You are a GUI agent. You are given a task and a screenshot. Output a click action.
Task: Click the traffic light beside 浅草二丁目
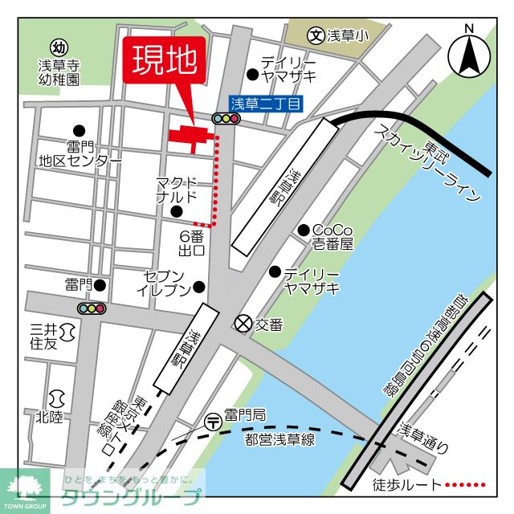click(226, 119)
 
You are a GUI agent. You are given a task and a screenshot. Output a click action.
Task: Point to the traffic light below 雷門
click(92, 308)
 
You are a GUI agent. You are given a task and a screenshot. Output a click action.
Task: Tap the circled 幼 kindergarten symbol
click(59, 47)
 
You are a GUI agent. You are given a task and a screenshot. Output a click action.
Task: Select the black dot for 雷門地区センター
click(79, 130)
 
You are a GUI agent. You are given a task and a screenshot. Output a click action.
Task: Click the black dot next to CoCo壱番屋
click(304, 230)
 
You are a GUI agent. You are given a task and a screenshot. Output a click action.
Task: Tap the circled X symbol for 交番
click(243, 324)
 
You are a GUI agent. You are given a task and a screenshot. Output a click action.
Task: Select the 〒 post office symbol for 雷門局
click(213, 418)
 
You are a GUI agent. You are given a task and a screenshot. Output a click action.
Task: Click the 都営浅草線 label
click(280, 438)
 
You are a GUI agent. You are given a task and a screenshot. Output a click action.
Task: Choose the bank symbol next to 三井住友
click(67, 329)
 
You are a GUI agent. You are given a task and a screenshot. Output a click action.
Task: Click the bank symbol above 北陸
click(57, 398)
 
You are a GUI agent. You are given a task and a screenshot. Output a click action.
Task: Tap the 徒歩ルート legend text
click(408, 485)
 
